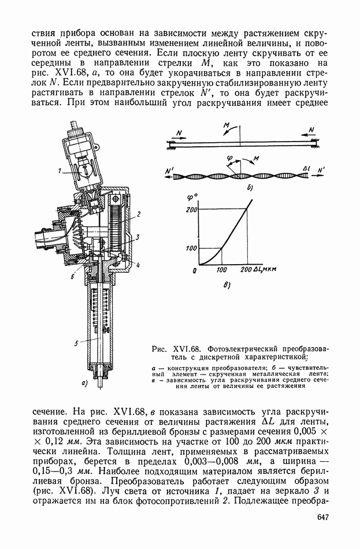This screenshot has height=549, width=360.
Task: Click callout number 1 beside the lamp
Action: point(59,170)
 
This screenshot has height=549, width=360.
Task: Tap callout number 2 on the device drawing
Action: point(139,214)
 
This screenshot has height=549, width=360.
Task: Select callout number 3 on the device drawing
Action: point(138,236)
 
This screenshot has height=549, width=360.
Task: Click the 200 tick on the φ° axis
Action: point(192,209)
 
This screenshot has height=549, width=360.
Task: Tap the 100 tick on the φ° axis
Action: point(192,248)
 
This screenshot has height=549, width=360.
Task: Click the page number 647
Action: point(322,517)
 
